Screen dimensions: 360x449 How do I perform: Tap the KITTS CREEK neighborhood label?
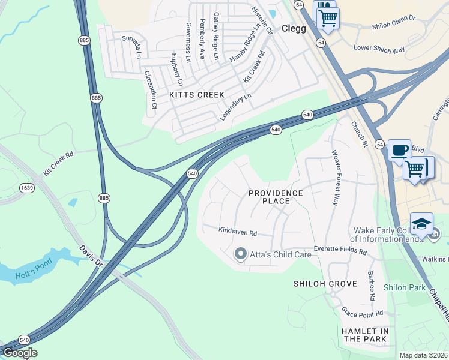(197, 95)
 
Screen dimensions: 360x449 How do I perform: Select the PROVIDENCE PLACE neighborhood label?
(276, 197)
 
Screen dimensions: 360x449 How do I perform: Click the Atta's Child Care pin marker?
(240, 254)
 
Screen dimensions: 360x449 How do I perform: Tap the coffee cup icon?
(399, 150)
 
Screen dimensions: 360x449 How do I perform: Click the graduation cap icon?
(421, 224)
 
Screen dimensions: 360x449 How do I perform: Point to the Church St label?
(359, 134)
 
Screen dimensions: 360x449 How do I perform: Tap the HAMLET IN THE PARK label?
(365, 335)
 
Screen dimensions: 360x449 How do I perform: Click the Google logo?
(20, 353)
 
